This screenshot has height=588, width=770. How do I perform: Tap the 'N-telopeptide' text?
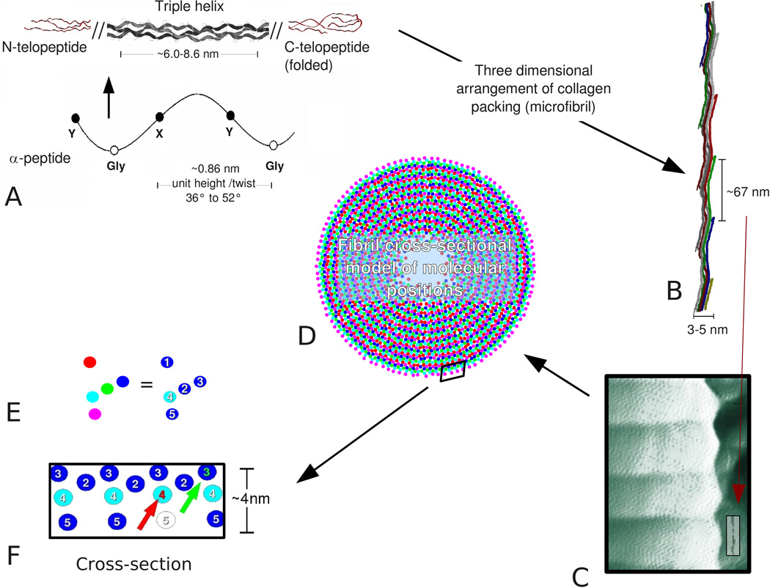pos(45,48)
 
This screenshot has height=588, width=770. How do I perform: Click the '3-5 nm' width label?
pos(708,329)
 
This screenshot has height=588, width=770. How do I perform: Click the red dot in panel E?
pos(89,361)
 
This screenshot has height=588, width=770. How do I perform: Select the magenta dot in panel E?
pos(94,414)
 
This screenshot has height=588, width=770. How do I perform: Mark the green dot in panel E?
pos(107,388)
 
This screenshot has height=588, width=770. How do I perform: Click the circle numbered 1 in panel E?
pos(168,361)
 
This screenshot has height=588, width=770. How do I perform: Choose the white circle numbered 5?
pos(167,521)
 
